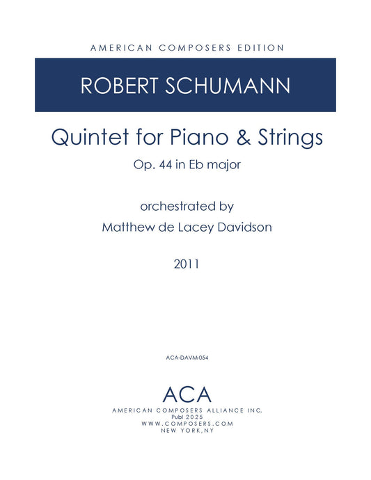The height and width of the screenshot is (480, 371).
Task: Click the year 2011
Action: click(185, 264)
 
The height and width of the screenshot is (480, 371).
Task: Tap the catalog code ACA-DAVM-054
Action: click(185, 358)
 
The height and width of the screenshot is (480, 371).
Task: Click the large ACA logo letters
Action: click(186, 394)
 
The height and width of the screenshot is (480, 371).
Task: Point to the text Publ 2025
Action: click(186, 417)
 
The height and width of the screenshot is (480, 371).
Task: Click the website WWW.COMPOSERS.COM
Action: click(186, 424)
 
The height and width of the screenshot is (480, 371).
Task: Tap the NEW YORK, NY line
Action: click(186, 431)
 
